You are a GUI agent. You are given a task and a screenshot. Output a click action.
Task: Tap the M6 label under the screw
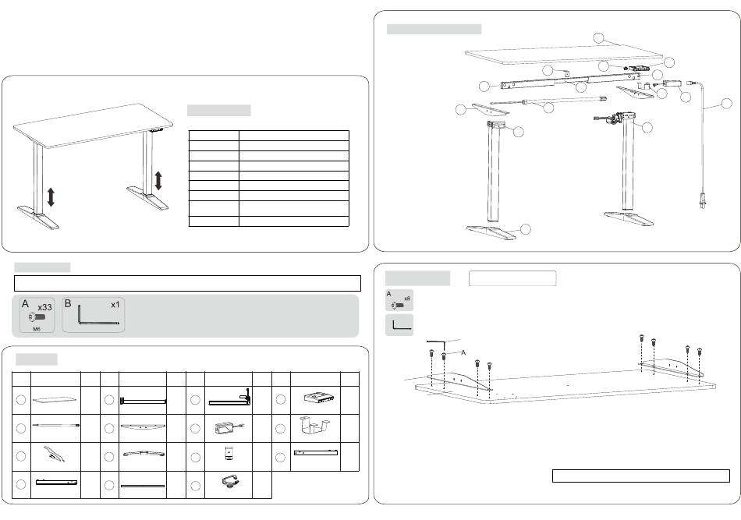[x=36, y=329]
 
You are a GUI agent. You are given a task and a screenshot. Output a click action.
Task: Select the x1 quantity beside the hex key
[x=115, y=305]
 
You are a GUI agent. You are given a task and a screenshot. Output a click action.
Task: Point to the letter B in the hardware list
[x=68, y=303]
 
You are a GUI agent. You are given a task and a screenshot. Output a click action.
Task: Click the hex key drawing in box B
[x=92, y=318]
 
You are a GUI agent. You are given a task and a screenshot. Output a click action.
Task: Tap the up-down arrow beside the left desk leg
[x=51, y=196]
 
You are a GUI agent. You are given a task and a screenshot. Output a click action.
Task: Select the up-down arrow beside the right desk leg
[x=158, y=181]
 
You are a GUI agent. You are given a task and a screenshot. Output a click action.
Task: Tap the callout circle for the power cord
[x=725, y=103]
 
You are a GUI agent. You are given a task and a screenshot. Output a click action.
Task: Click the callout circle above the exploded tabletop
[x=598, y=37]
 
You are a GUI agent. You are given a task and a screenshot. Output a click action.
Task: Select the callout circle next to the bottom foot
[x=526, y=228]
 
